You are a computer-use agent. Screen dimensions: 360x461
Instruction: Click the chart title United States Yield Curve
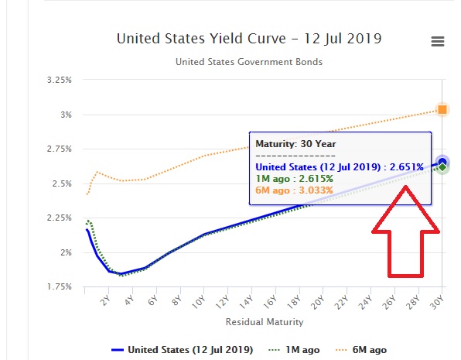point(249,38)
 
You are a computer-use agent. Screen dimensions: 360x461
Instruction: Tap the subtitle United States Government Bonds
point(248,62)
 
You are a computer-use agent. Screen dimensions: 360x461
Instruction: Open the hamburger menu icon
point(438,42)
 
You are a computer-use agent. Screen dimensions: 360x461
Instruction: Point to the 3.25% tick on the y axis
point(60,80)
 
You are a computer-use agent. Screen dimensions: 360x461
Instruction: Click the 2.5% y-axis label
point(63,183)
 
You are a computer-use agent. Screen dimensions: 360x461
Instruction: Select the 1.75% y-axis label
point(60,287)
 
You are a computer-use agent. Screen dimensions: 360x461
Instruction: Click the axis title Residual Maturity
point(265,321)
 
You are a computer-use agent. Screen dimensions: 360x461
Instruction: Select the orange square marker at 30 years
point(442,109)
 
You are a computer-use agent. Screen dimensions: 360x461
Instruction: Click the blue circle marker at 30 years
point(442,162)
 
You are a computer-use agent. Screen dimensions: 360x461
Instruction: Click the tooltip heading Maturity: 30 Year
point(296,143)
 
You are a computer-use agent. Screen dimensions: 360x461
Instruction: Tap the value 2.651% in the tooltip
point(407,166)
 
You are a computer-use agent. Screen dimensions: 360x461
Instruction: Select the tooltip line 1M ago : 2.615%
point(294,178)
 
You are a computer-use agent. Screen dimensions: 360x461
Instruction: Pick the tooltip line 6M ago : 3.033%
point(294,190)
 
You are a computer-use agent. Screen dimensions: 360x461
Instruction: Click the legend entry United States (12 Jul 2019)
point(183,349)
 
